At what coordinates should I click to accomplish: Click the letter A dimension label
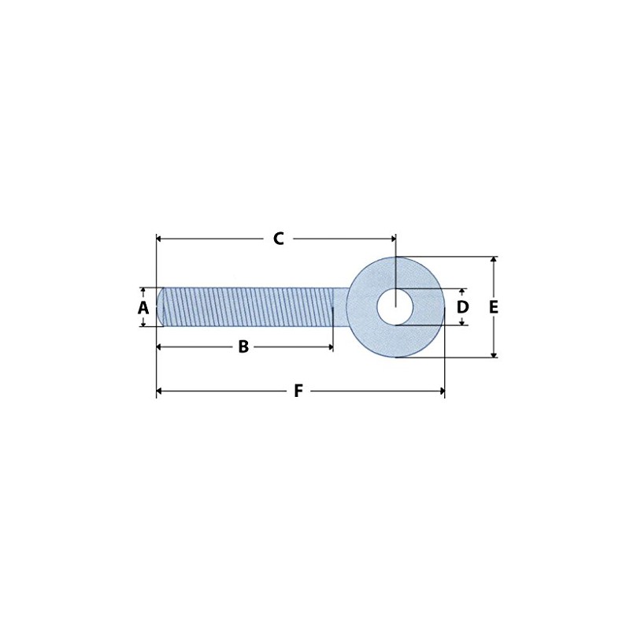click(143, 307)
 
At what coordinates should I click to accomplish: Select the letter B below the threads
click(243, 346)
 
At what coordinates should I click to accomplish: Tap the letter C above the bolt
click(278, 239)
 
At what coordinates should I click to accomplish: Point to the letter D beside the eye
click(463, 306)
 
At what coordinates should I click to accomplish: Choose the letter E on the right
click(494, 307)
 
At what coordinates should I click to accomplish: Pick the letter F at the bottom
click(298, 391)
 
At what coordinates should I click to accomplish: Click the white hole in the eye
click(395, 306)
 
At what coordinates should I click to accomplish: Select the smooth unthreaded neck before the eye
click(339, 306)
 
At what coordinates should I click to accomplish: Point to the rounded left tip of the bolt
click(161, 306)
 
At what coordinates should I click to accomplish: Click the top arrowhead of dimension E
click(494, 260)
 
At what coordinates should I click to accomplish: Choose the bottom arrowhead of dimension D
click(462, 321)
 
